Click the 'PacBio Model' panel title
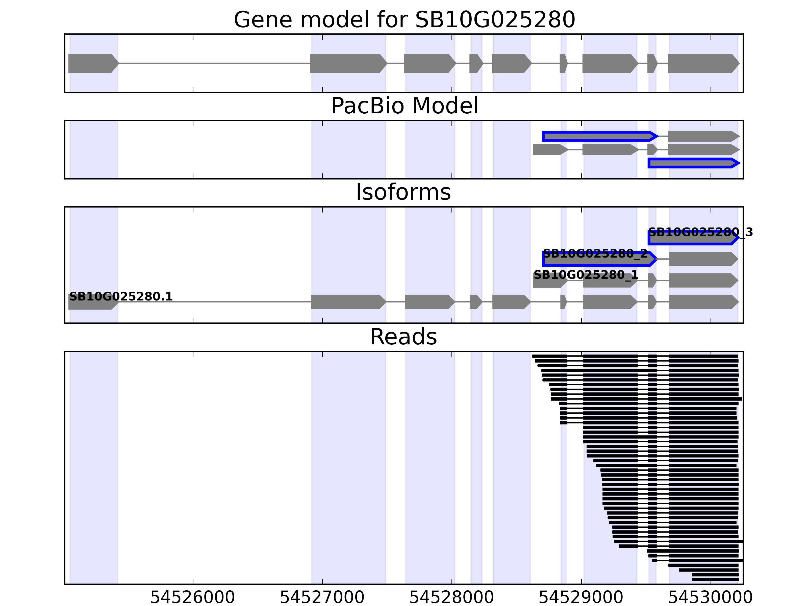click(x=404, y=106)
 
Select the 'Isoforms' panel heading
click(x=403, y=192)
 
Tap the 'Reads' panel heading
click(x=403, y=337)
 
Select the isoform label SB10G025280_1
click(x=586, y=275)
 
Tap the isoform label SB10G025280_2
click(x=595, y=254)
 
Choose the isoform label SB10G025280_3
click(x=700, y=232)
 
